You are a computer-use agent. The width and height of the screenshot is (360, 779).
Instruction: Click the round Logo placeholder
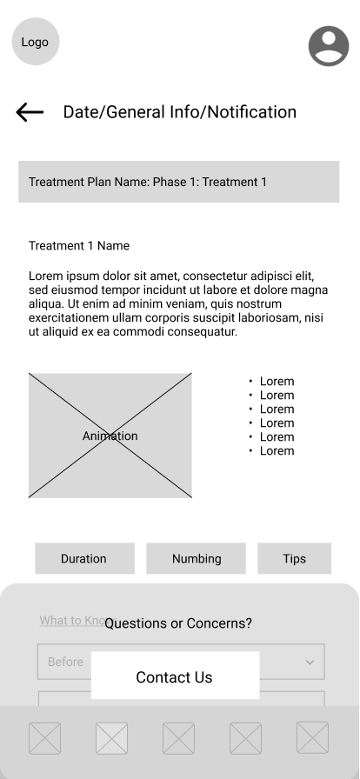pos(36,42)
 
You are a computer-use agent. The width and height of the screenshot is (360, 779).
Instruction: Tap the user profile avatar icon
pos(328,46)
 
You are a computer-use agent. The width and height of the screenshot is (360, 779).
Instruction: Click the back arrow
pos(30,112)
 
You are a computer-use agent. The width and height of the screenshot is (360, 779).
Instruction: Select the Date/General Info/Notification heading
pos(179,112)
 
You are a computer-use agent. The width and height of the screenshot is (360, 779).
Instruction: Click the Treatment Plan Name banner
pos(179,182)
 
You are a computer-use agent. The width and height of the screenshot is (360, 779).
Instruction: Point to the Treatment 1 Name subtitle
pos(79,246)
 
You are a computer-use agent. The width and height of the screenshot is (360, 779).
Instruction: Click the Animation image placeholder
pos(110,436)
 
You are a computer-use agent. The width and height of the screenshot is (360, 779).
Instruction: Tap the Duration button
pos(84,559)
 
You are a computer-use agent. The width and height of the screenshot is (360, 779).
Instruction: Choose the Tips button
pos(294,559)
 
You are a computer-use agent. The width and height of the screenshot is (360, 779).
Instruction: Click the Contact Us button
pos(175,677)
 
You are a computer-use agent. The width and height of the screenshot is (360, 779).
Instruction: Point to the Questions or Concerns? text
pos(178,623)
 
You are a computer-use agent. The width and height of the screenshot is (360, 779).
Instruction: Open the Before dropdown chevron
pos(310,662)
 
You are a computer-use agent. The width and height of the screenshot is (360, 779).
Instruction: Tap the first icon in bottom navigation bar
pos(45,738)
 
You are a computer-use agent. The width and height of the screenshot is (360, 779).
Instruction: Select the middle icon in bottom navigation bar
pos(179,738)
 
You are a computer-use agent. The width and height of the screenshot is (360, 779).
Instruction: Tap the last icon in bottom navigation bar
pos(312,738)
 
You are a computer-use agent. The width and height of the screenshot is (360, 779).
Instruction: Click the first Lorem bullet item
pos(277,382)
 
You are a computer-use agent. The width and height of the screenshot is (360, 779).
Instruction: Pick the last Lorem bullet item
pos(277,451)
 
